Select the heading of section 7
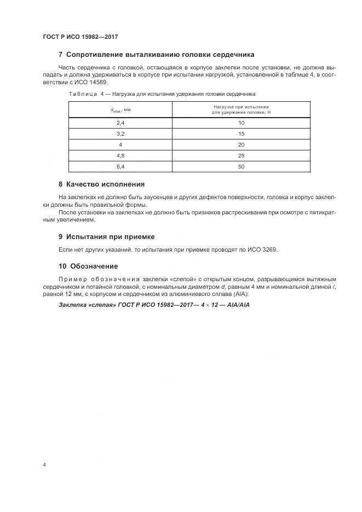pos(156,55)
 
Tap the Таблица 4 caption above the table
pos(162,94)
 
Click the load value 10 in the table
pos(241,123)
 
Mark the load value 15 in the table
pos(241,134)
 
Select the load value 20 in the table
pos(241,144)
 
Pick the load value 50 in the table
pos(241,166)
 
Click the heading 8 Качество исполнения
pos(101,184)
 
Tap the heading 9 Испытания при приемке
pos(106,237)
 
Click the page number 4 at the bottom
pos(44,464)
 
